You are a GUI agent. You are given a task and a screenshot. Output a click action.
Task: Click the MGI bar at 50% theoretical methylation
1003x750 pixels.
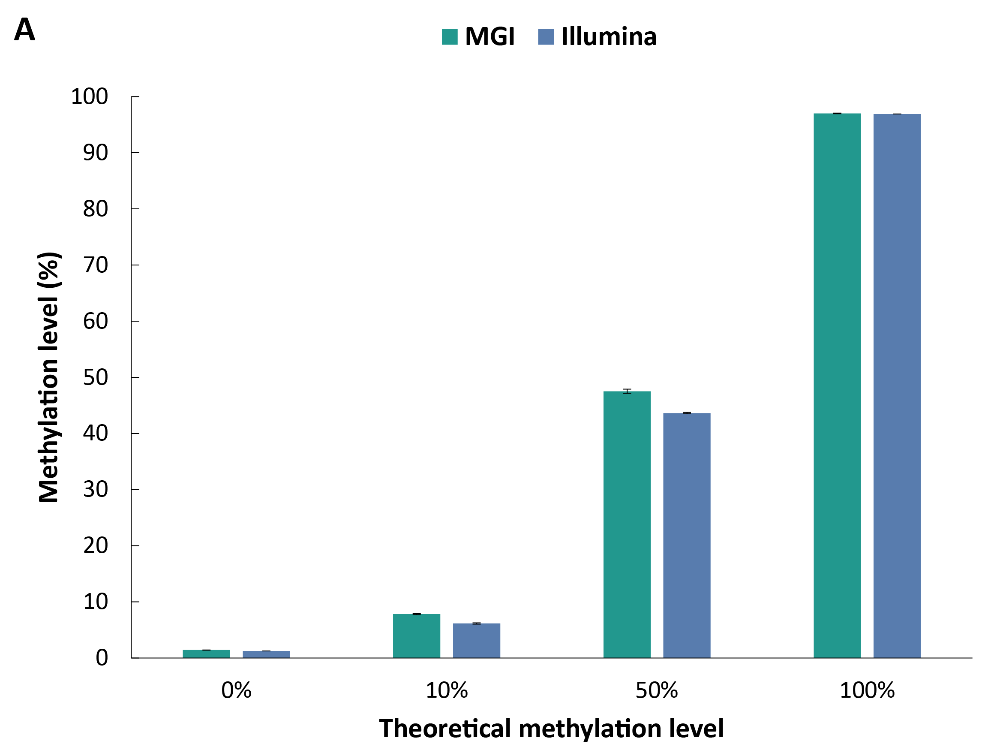(627, 524)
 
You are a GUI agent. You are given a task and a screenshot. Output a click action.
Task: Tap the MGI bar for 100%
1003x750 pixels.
(837, 385)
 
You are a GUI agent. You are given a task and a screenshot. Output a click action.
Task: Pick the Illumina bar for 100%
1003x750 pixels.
(897, 386)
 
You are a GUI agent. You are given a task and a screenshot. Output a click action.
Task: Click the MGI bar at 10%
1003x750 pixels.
(416, 636)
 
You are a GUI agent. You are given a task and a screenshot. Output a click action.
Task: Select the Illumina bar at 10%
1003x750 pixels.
(476, 640)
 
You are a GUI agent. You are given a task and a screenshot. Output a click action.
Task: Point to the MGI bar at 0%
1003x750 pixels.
(206, 654)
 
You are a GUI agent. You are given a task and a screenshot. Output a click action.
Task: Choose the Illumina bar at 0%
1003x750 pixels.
(266, 654)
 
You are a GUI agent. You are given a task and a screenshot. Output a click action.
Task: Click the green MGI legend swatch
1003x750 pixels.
(449, 37)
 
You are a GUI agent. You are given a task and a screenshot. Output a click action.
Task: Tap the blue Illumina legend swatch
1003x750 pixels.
(546, 37)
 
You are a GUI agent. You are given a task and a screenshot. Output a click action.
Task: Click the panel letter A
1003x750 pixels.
(24, 30)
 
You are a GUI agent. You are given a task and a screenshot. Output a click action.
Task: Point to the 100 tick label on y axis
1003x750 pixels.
(89, 96)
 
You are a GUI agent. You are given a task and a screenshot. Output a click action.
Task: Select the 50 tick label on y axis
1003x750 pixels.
(95, 377)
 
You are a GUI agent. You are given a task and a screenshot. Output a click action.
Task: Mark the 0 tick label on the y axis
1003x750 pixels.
(102, 657)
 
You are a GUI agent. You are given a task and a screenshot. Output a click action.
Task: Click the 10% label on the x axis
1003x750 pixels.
(446, 690)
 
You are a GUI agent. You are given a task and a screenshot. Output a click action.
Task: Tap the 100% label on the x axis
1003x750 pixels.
(867, 690)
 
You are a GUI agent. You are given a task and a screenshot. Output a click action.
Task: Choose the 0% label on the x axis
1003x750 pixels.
(236, 690)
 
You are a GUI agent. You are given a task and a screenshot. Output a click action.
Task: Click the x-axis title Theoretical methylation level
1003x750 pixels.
(551, 728)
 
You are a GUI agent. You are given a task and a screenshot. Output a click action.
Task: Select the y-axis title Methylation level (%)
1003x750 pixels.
(49, 377)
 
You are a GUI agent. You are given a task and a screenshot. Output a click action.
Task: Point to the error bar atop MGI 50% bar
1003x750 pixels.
(627, 391)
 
